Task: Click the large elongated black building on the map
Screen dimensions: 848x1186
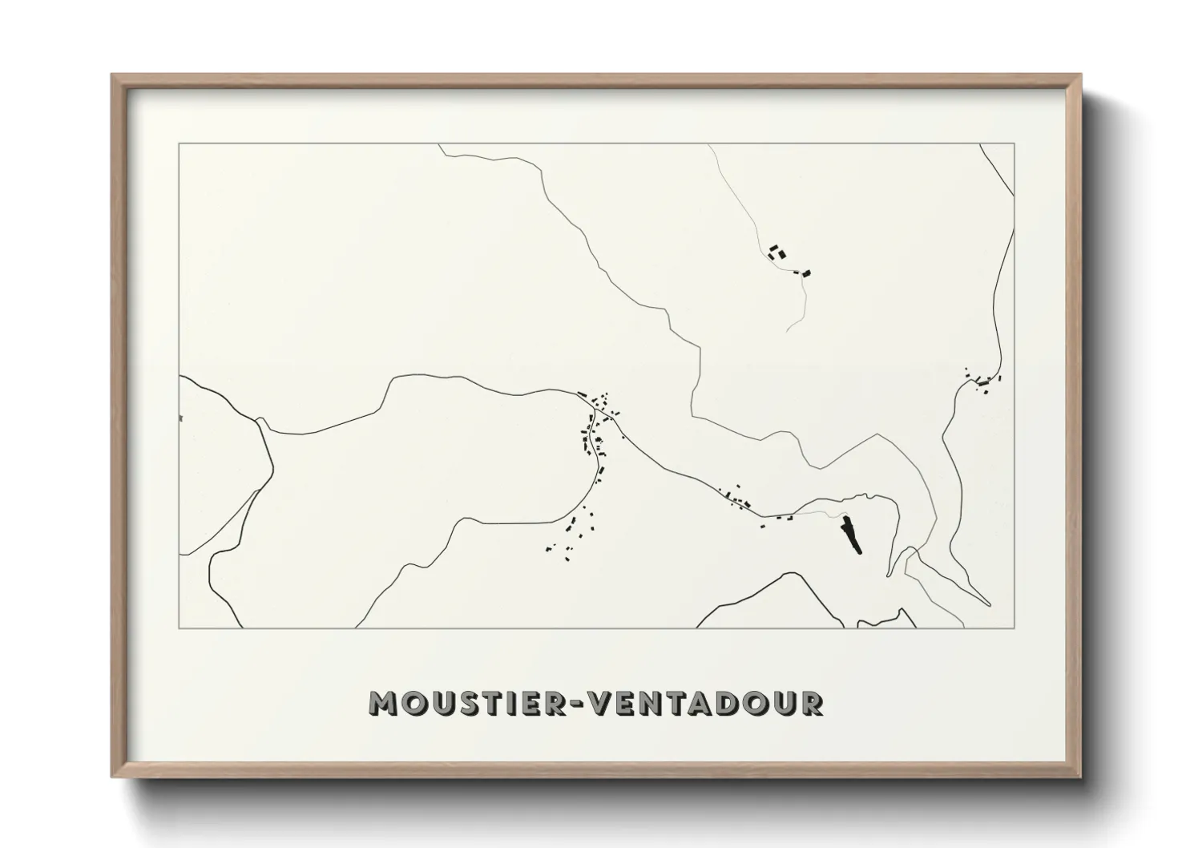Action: coord(850,535)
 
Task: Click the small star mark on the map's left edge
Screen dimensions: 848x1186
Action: coord(182,418)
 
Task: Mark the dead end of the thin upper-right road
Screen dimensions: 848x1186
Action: coord(788,331)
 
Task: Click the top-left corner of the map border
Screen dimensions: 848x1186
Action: coord(179,143)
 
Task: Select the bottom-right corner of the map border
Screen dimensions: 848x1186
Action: coord(1015,628)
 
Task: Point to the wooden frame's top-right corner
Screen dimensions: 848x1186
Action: coord(1081,75)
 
